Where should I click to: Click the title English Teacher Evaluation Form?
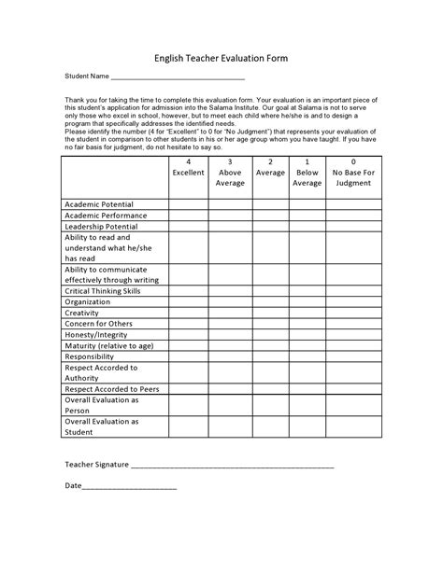(x=221, y=58)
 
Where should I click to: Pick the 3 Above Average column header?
(x=230, y=173)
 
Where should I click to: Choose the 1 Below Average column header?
(x=307, y=173)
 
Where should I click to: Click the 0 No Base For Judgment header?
(x=353, y=173)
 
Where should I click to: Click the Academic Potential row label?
(x=99, y=204)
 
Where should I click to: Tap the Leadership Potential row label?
(x=101, y=227)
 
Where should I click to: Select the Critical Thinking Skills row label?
(x=103, y=291)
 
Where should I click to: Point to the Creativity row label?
(x=81, y=314)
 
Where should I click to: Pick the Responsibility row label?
(x=89, y=356)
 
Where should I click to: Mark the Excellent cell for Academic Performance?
(x=188, y=216)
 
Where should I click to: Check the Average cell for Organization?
(x=270, y=302)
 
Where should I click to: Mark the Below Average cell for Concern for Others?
(x=307, y=324)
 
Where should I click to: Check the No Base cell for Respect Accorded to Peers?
(x=353, y=389)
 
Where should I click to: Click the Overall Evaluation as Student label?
(x=102, y=426)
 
